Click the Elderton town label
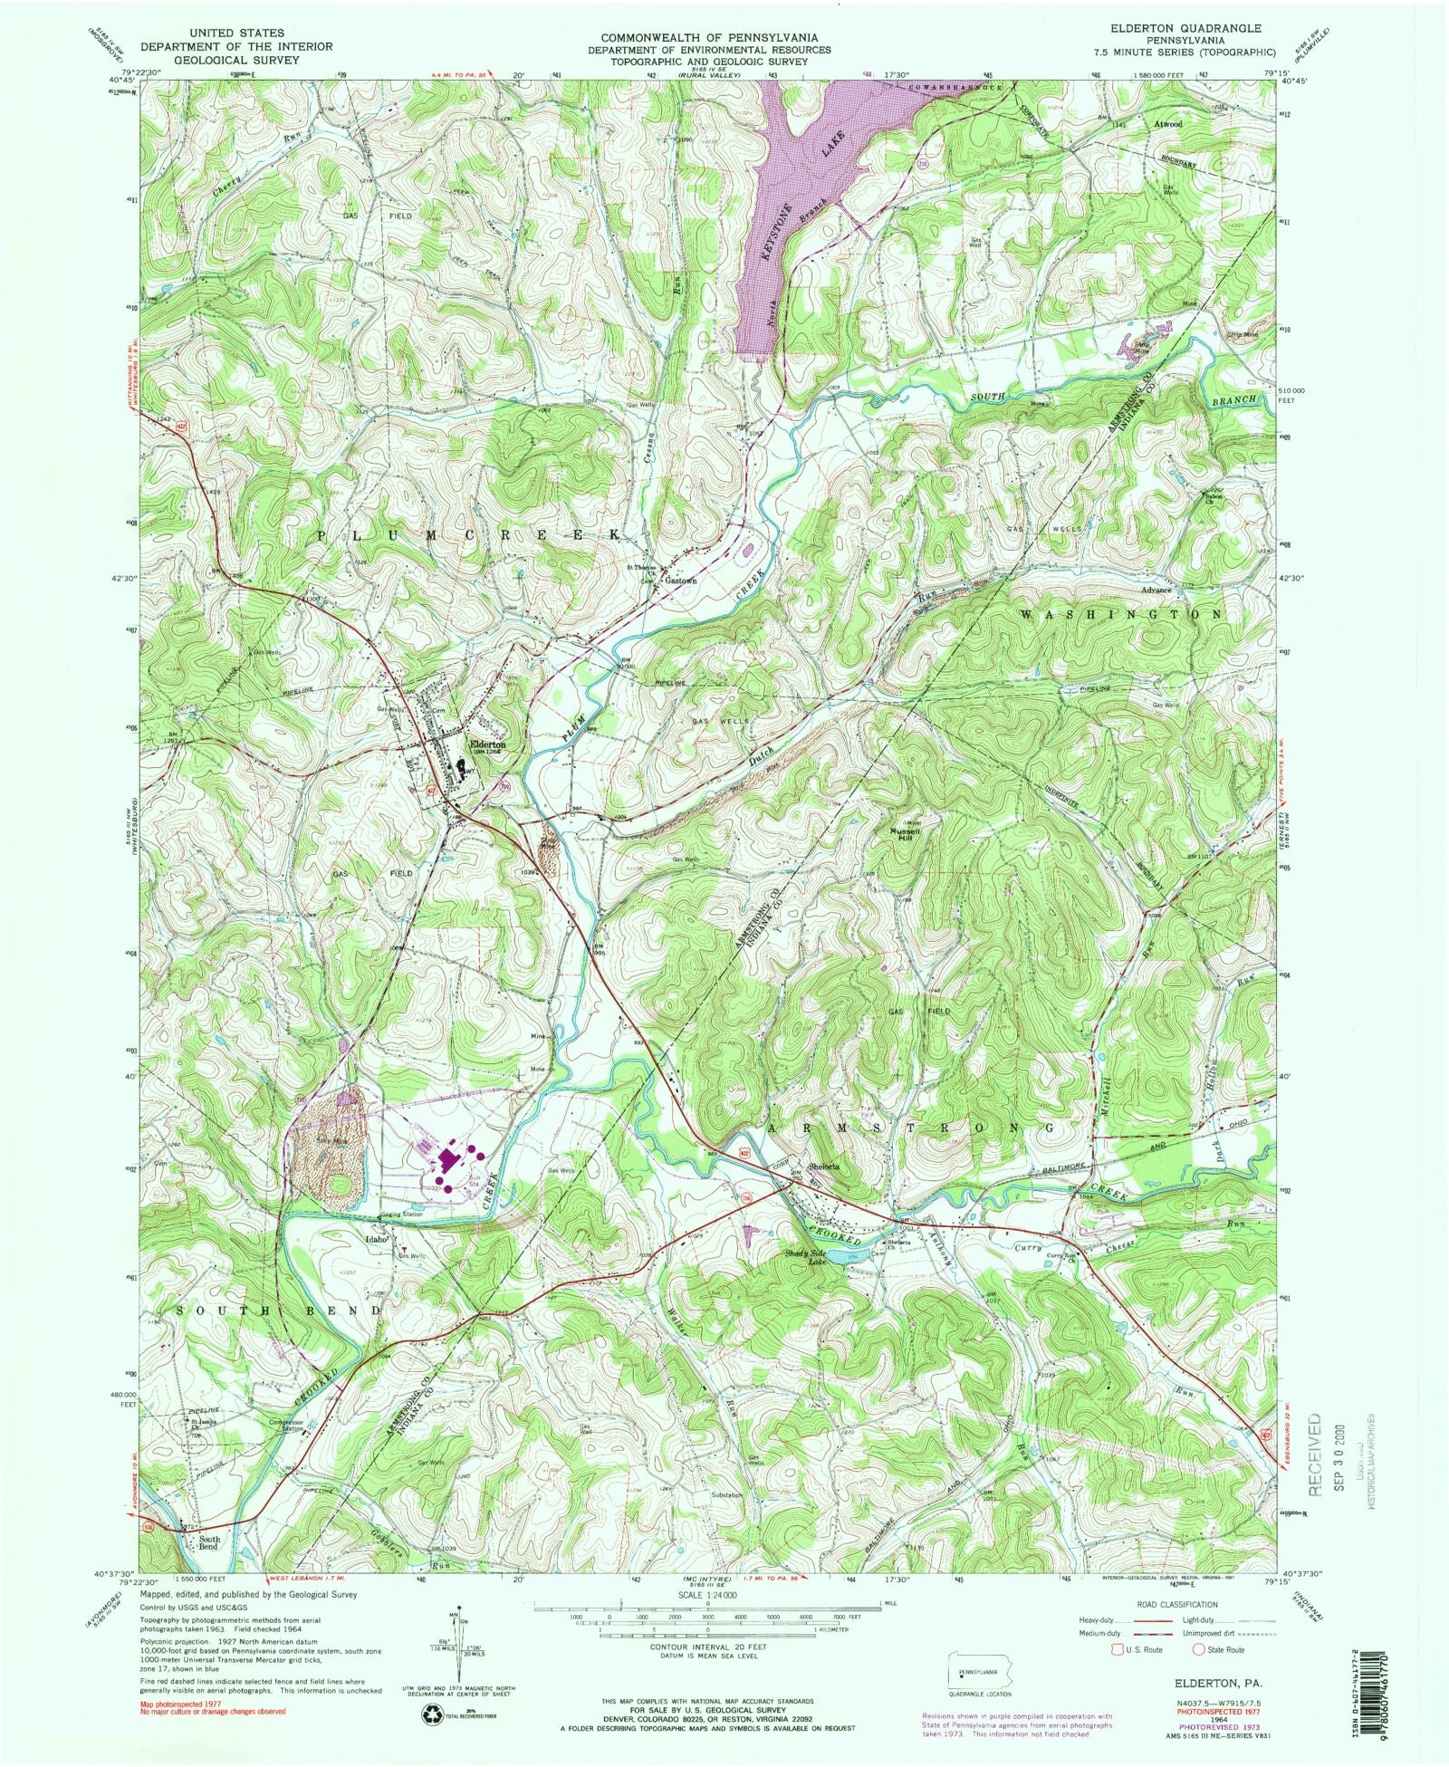click(x=485, y=745)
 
